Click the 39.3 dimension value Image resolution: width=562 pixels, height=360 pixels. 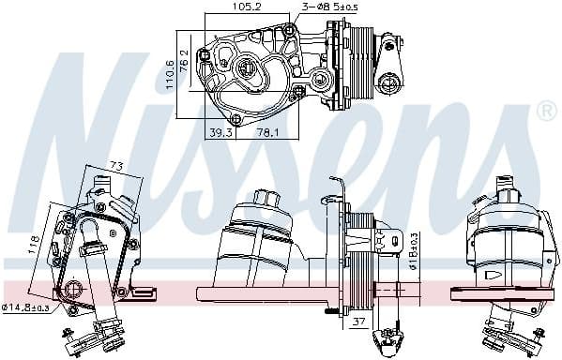click(x=220, y=133)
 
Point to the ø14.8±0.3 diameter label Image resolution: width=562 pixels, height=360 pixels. click(x=27, y=307)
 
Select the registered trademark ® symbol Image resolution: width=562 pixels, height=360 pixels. click(x=545, y=112)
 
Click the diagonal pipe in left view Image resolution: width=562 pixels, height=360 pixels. click(x=98, y=277)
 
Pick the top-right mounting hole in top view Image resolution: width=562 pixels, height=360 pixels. click(x=288, y=31)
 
